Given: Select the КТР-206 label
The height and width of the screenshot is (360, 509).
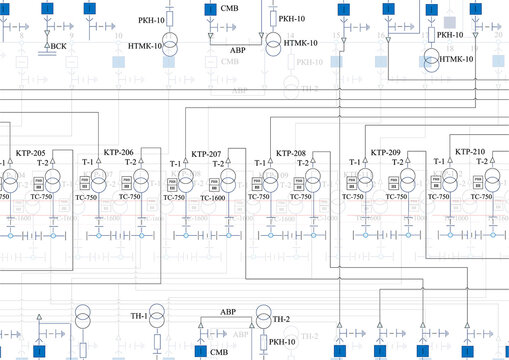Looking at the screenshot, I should [120, 153].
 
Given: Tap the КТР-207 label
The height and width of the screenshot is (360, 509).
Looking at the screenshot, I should [206, 154].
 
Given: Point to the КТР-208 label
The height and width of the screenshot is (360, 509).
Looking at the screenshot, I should [292, 154].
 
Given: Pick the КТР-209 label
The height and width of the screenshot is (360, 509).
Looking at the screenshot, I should [386, 153].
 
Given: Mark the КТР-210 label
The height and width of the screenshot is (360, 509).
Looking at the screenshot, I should [470, 152].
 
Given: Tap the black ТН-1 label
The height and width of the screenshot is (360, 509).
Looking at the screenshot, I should [136, 317].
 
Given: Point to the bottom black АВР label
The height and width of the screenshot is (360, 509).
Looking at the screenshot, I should [227, 312].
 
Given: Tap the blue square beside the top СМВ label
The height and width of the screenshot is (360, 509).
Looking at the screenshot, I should [209, 9].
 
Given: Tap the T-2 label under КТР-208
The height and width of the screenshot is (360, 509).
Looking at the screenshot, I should [301, 163].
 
